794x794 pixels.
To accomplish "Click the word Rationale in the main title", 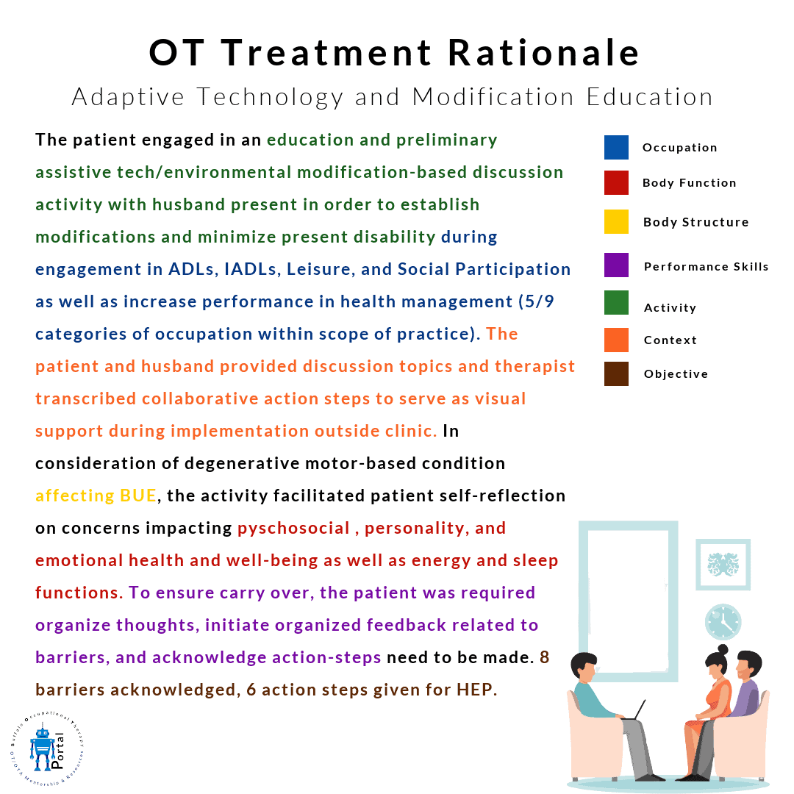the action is tap(544, 53).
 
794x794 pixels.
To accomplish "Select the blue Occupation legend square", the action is tap(616, 147).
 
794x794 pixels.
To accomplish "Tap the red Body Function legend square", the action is tap(616, 183).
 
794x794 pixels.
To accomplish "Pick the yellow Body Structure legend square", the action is tap(616, 222).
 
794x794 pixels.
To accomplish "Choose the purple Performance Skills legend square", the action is tap(616, 265).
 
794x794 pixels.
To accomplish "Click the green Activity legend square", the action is tap(616, 303).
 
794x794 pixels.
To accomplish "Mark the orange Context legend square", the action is tap(616, 340).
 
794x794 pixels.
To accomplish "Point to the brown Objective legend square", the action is tap(616, 373).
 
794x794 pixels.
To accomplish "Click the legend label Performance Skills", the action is tap(706, 267).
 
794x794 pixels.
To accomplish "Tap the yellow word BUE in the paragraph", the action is tap(137, 496).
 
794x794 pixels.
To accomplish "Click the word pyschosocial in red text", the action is tap(293, 529).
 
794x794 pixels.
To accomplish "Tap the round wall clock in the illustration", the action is tap(723, 622).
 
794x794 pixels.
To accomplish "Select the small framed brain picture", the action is tap(723, 564).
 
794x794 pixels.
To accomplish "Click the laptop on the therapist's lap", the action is tap(634, 710).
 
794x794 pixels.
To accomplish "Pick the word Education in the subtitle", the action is tap(650, 97).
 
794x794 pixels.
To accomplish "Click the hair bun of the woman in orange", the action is tap(723, 648).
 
